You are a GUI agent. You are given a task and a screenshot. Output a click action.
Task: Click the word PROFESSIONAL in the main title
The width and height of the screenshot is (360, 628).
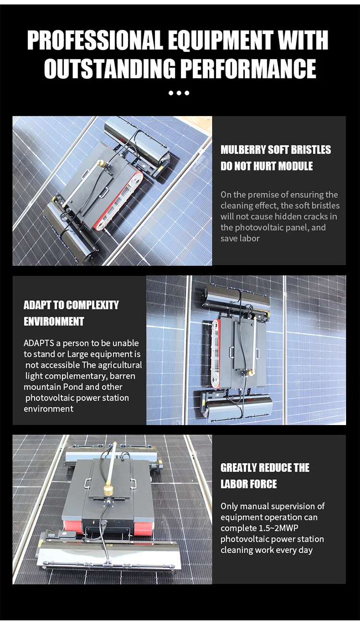coord(95,40)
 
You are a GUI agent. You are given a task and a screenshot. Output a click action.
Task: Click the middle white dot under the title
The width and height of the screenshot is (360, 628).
coord(179,93)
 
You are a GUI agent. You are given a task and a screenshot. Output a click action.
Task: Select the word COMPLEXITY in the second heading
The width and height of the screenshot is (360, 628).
coord(92,305)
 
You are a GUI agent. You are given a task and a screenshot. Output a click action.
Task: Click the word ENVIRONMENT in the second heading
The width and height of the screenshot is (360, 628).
coord(54,321)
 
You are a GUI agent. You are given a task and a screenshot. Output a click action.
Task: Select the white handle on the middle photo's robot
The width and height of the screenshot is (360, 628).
coord(232,352)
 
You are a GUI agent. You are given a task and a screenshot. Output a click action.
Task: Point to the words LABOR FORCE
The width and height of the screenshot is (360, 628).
coord(249,484)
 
